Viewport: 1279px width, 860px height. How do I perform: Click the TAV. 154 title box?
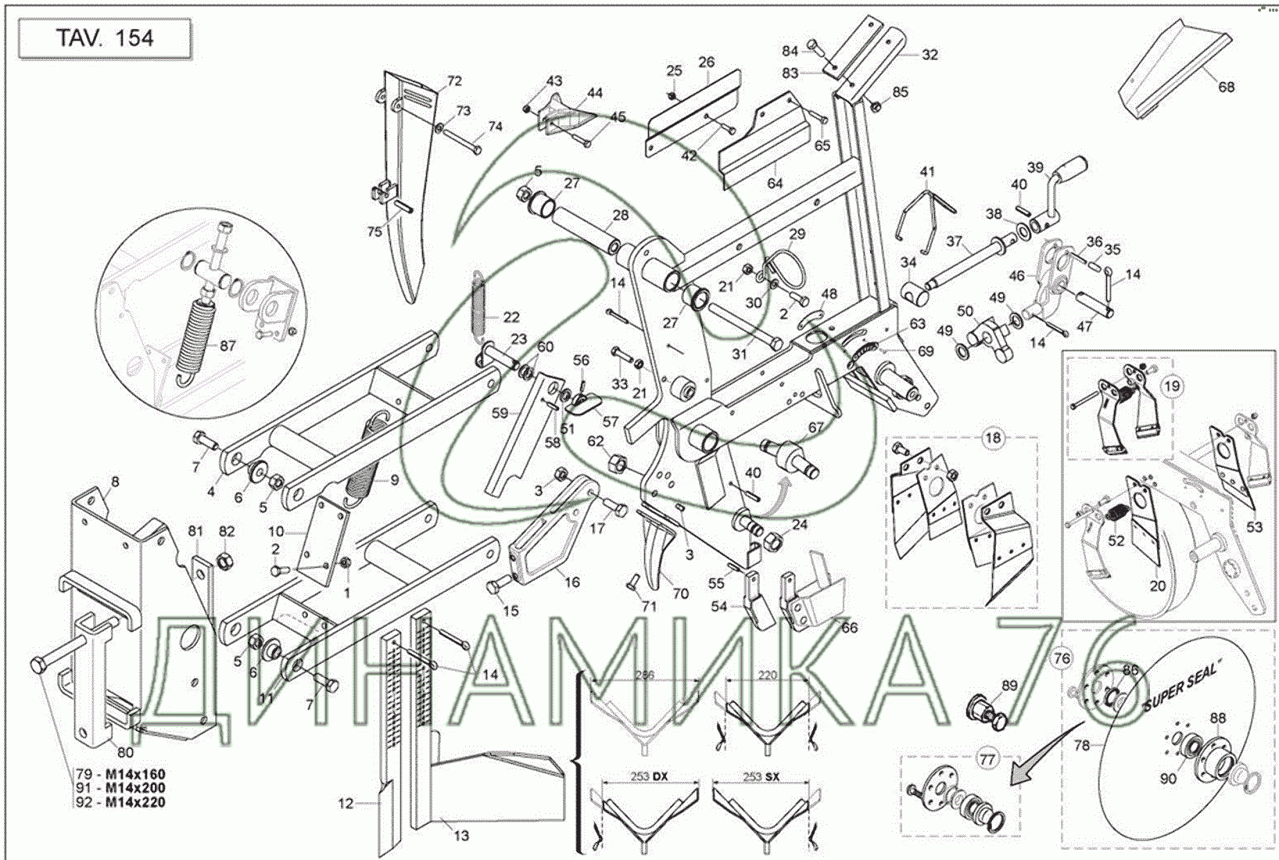tap(104, 38)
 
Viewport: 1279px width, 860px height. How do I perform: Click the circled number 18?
tap(992, 439)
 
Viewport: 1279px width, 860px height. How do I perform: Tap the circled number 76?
tap(1061, 658)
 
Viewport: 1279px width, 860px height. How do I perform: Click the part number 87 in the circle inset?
tap(226, 346)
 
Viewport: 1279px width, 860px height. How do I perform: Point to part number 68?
tap(1226, 87)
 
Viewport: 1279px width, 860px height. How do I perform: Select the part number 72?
tap(454, 81)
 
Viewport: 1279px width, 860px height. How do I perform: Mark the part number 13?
tap(461, 835)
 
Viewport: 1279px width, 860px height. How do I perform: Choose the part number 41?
tap(927, 171)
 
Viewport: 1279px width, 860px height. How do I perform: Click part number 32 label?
tap(930, 55)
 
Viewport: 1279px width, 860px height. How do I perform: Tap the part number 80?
tap(125, 752)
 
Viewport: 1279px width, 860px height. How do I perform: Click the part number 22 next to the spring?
tap(511, 317)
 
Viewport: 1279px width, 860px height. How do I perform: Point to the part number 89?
tap(1009, 686)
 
